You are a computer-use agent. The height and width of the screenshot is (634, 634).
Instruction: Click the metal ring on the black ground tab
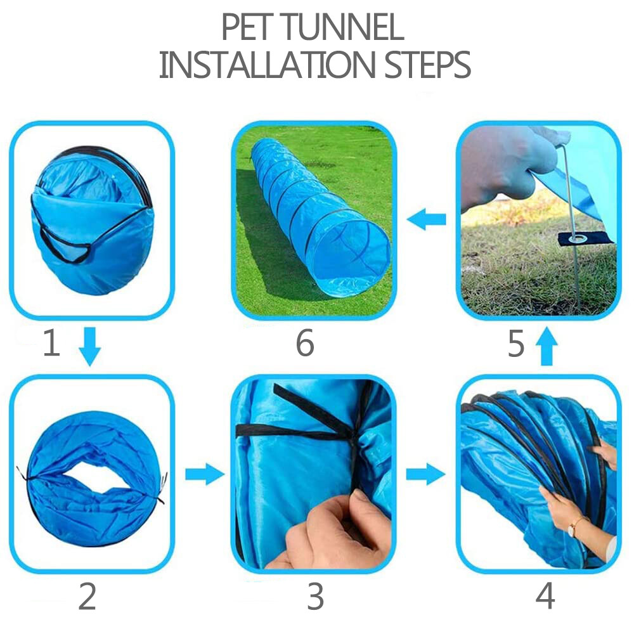[x=578, y=238]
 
